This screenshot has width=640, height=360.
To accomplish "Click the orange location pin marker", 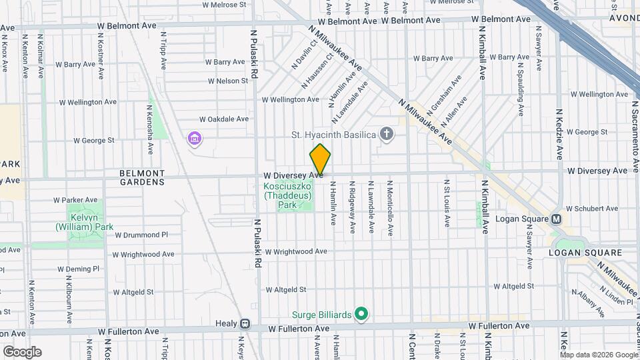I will point(320,160).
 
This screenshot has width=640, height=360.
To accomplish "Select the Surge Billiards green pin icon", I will point(361,313).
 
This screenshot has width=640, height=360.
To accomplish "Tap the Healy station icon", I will point(245,324).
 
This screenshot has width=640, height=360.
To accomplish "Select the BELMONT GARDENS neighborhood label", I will point(142,177).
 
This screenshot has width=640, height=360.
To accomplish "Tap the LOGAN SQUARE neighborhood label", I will point(585,253).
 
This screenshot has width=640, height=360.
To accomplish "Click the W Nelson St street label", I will point(227,81).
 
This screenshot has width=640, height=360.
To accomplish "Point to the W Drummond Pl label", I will point(141,235).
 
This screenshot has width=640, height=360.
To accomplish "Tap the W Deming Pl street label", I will point(78,269).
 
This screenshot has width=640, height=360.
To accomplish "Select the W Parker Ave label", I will point(75,200).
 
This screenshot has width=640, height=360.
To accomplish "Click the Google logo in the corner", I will point(21,352).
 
